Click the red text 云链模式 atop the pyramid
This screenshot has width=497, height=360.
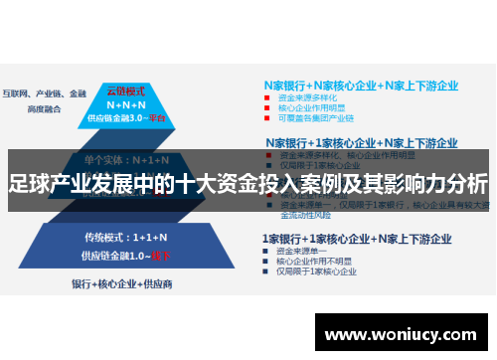click(x=126, y=88)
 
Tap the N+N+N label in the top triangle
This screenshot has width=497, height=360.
click(x=127, y=102)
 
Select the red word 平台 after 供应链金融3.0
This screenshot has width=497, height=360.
click(x=160, y=118)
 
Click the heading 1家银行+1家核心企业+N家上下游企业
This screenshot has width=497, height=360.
click(x=357, y=239)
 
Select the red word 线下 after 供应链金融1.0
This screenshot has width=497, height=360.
click(x=161, y=256)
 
